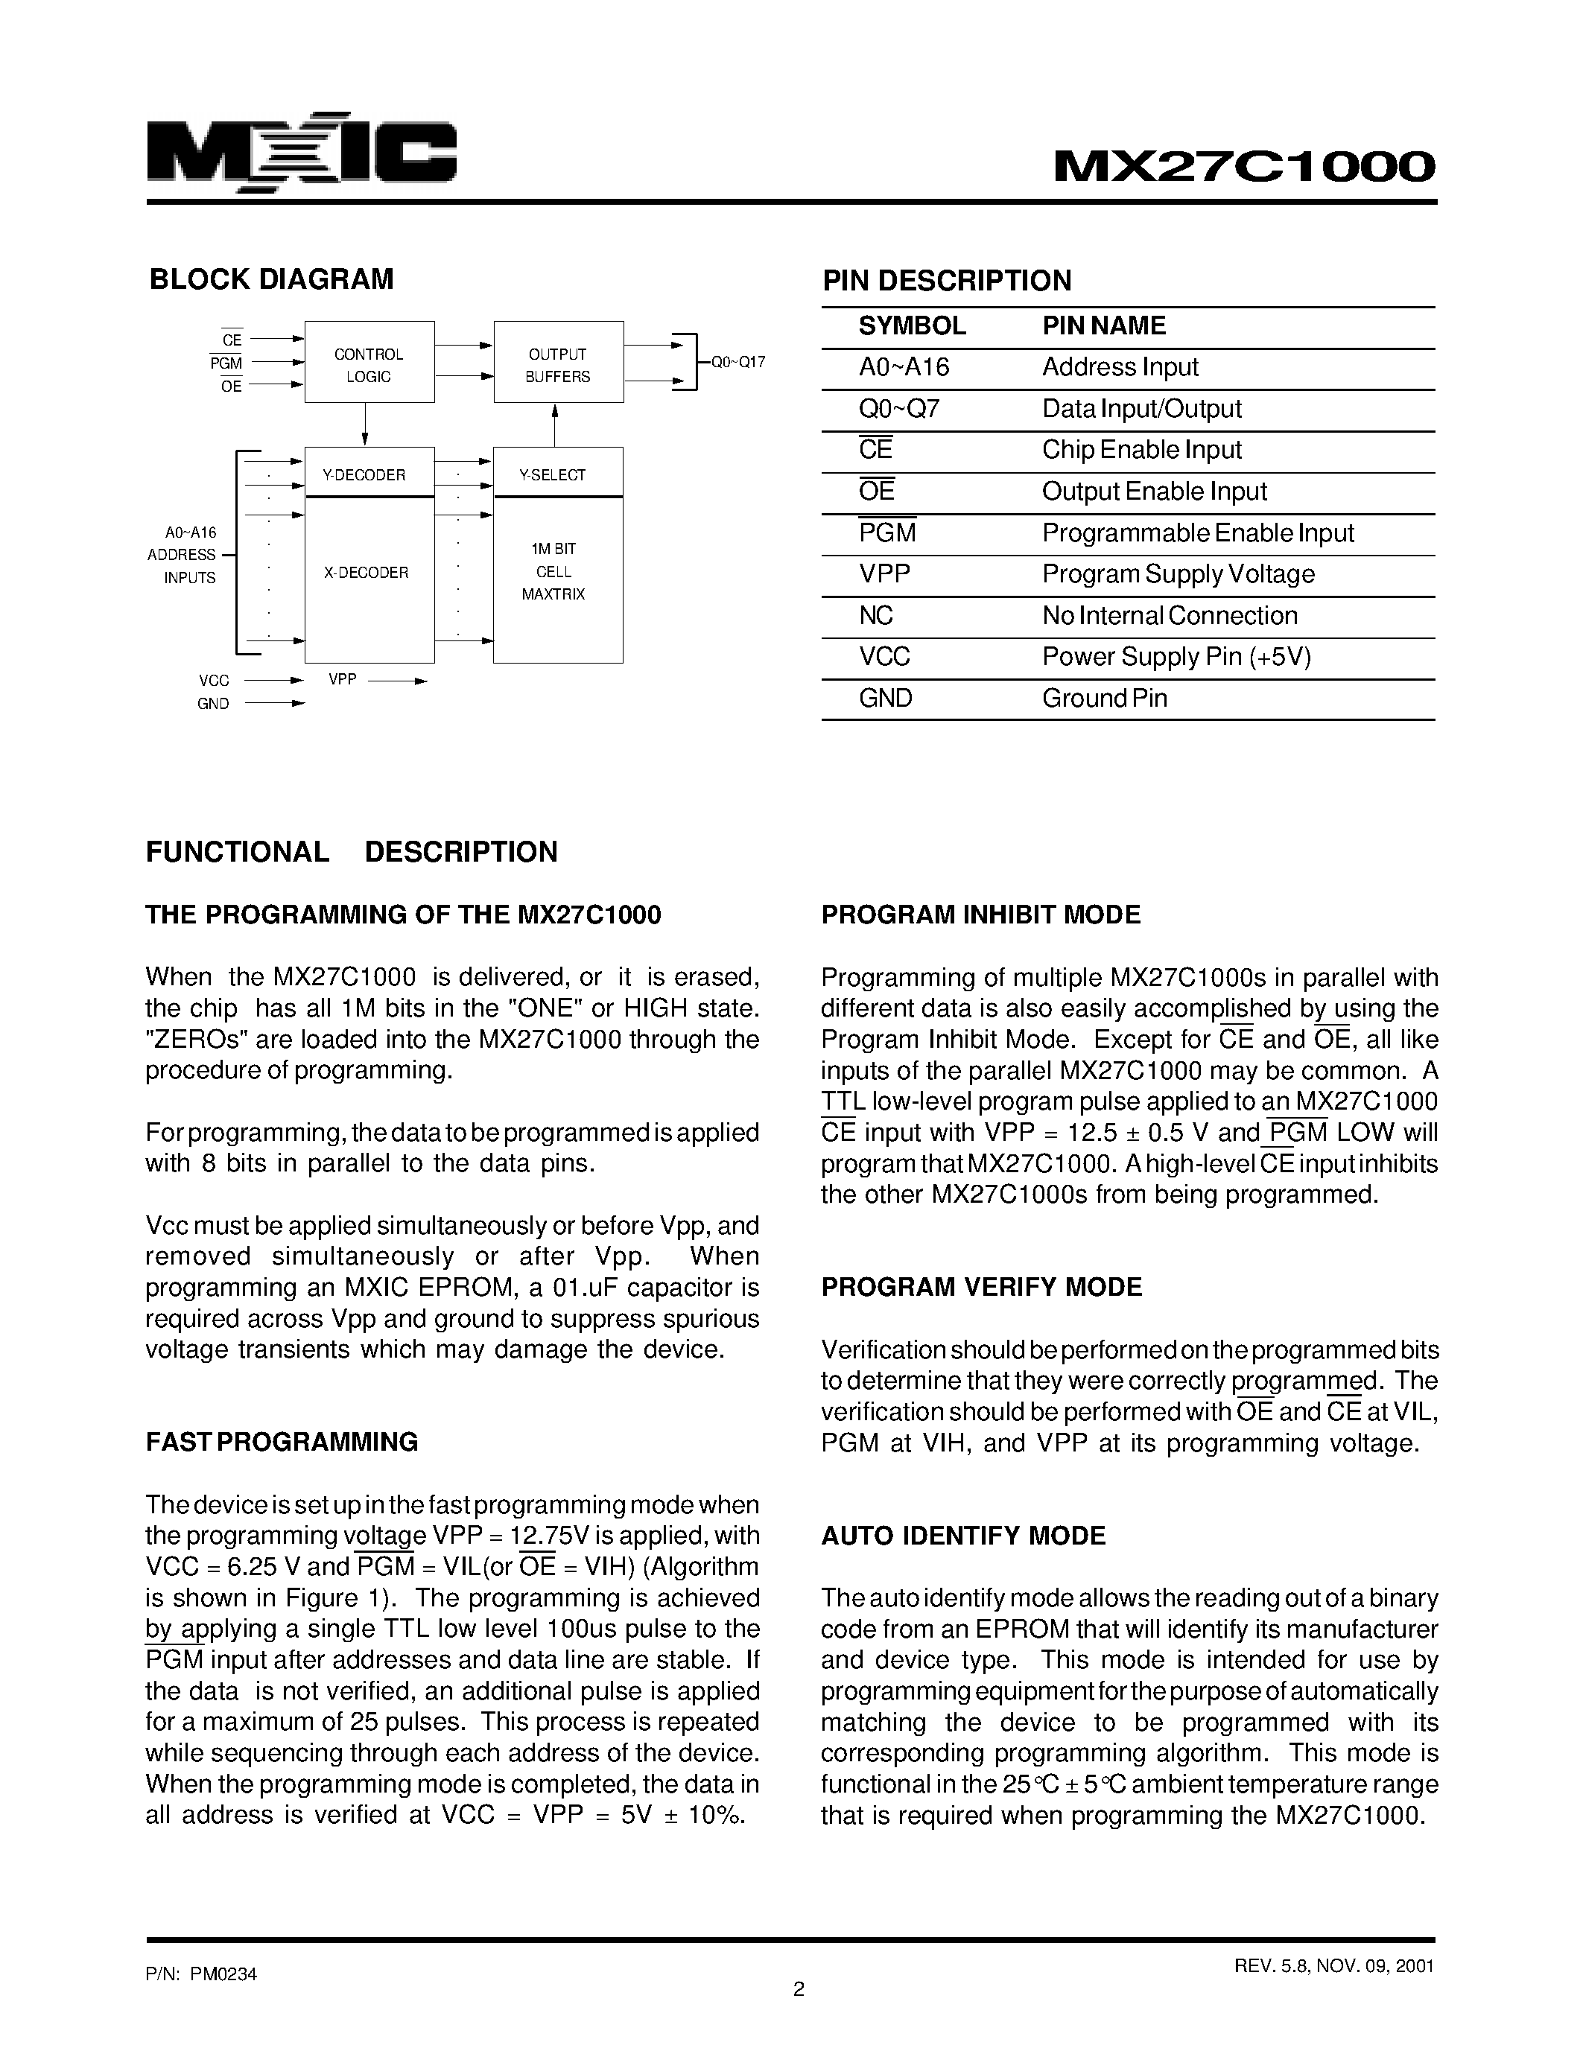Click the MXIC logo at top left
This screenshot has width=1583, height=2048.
point(301,156)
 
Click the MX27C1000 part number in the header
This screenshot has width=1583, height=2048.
point(1245,167)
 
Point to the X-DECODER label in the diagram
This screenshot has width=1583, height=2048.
point(366,572)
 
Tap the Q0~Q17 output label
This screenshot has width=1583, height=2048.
point(737,362)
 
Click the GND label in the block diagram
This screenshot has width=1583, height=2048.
point(213,703)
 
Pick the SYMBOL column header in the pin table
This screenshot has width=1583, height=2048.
point(912,325)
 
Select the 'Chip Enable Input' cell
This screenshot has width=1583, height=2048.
point(1141,450)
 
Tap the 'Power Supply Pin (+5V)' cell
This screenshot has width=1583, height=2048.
point(1176,656)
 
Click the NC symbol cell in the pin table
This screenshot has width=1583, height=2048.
point(875,615)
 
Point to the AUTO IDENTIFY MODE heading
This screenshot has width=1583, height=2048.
point(962,1536)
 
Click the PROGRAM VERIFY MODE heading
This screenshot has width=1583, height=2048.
point(981,1288)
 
